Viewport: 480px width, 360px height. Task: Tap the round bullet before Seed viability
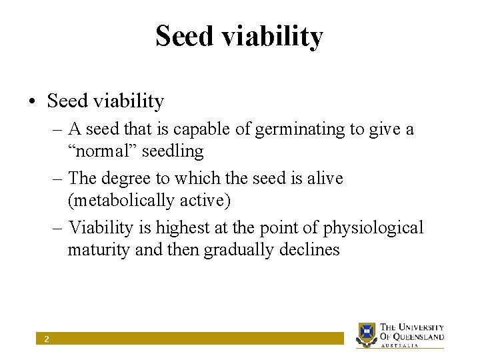(32, 102)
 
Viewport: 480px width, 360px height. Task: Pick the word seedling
(173, 151)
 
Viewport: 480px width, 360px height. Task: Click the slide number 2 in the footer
(46, 339)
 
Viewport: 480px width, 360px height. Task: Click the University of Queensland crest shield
(367, 333)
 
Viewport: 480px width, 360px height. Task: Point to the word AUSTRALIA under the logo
(400, 346)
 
